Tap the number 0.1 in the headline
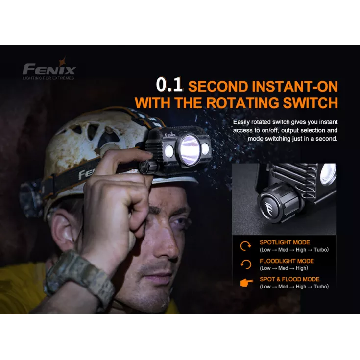tap(169, 85)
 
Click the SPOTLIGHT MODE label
tap(284, 242)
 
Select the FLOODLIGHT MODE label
tap(287, 261)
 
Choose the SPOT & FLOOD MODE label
tap(289, 279)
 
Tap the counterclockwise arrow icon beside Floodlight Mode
tap(245, 264)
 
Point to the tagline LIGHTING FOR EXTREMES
tap(48, 78)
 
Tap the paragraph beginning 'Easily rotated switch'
tap(285, 130)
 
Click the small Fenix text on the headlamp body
tap(169, 134)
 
